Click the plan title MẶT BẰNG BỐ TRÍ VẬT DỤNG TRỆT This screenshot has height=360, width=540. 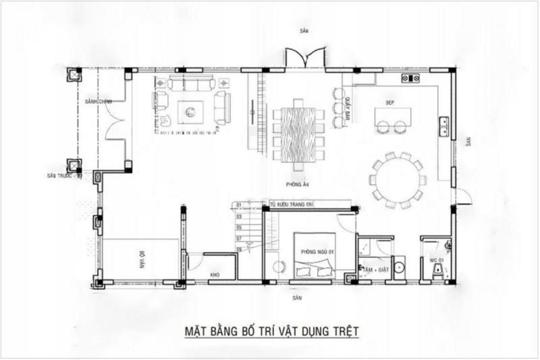click(x=272, y=332)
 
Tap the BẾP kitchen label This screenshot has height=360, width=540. click(x=390, y=103)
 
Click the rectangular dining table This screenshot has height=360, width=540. click(x=298, y=134)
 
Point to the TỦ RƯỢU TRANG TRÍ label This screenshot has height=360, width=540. click(x=292, y=204)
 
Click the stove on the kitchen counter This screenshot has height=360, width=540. click(x=411, y=79)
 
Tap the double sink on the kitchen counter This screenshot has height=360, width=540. click(x=444, y=126)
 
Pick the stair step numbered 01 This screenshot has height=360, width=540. click(x=239, y=205)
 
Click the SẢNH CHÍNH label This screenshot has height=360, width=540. click(x=98, y=102)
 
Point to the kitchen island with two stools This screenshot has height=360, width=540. click(x=392, y=118)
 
